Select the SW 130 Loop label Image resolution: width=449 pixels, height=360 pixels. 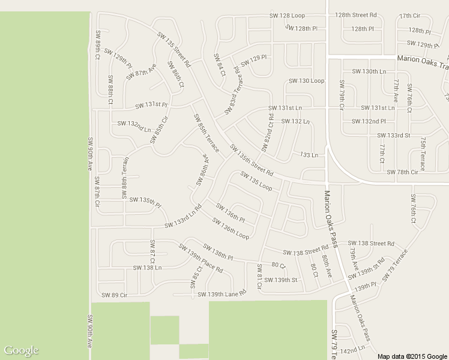pyautogui.click(x=306, y=80)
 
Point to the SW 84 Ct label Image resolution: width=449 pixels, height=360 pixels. pyautogui.click(x=218, y=65)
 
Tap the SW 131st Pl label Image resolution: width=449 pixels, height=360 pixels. pyautogui.click(x=151, y=104)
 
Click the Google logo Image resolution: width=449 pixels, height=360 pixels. pyautogui.click(x=21, y=350)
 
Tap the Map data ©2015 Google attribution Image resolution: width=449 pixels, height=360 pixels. pyautogui.click(x=412, y=356)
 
